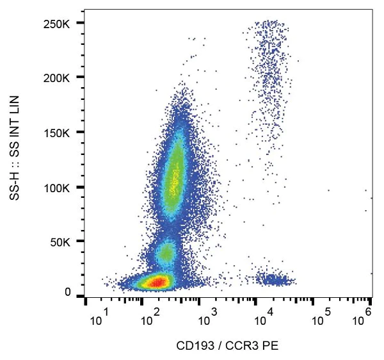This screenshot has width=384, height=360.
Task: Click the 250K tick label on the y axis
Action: click(57, 24)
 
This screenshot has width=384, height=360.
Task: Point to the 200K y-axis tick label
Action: click(57, 78)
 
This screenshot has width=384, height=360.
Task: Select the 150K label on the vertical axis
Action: click(57, 133)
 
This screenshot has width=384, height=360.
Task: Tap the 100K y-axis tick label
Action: click(57, 188)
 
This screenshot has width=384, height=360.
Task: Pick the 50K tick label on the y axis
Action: click(60, 242)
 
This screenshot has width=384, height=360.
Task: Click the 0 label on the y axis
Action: click(67, 293)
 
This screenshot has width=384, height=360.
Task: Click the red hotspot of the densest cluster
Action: click(156, 281)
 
